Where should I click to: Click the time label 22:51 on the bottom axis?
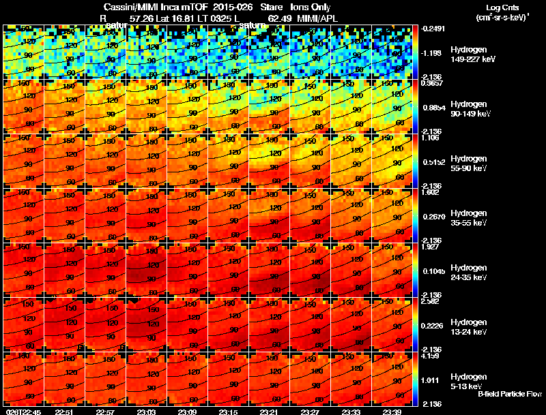pos(64,412)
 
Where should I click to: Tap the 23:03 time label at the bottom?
pos(146,412)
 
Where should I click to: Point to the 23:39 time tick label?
pos(392,412)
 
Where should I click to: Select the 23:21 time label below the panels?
pos(269,412)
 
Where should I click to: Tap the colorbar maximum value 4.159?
pos(431,356)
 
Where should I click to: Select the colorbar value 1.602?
pos(431,192)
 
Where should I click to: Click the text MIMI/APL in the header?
pos(315,19)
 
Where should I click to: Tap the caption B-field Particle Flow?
pos(510,394)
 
